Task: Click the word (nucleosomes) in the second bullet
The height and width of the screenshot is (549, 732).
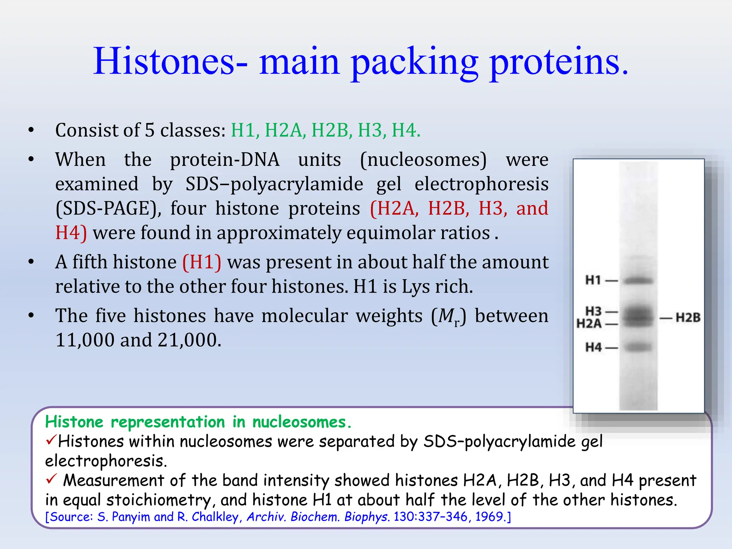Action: pyautogui.click(x=423, y=159)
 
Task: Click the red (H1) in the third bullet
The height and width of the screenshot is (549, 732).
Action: pyautogui.click(x=202, y=262)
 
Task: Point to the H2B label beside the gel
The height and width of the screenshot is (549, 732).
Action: pyautogui.click(x=688, y=317)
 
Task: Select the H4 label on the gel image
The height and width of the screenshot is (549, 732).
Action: pyautogui.click(x=593, y=347)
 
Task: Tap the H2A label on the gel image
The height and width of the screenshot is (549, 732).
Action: pyautogui.click(x=589, y=324)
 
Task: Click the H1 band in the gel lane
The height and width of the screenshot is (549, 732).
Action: pyautogui.click(x=638, y=281)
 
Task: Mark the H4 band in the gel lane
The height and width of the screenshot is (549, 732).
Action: pyautogui.click(x=638, y=347)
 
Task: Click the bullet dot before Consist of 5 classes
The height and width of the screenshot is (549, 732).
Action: pyautogui.click(x=31, y=130)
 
